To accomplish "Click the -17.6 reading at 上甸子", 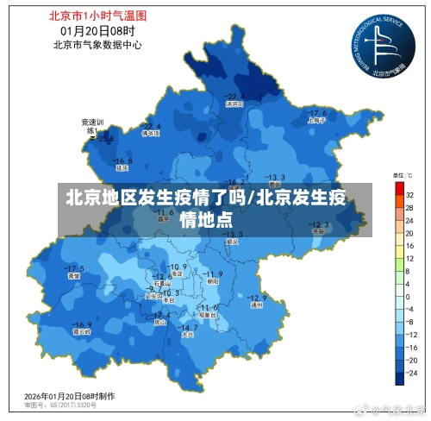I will (317, 113).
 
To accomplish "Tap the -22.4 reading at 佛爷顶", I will (152, 125).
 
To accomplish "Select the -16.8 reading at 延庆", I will (122, 160).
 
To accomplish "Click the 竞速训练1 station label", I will (92, 125).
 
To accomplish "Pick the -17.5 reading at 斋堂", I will (75, 268).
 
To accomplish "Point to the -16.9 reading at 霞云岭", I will (83, 323).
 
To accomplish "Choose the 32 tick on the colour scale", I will (409, 195).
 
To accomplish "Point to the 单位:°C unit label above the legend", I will (403, 175).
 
